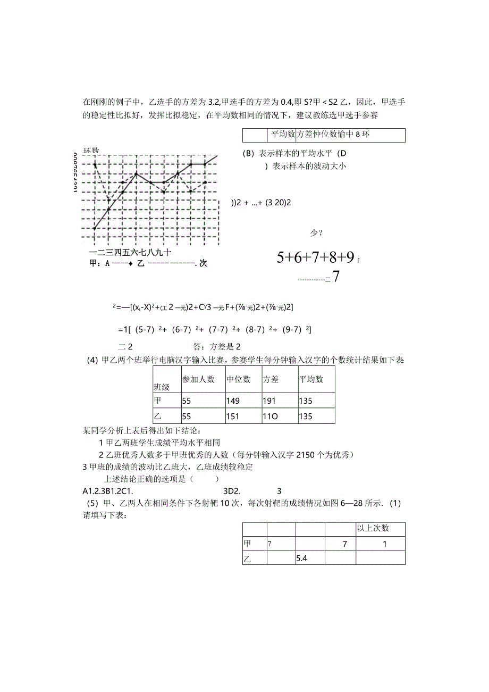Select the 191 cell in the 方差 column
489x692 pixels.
(269, 401)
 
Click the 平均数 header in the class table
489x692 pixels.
(311, 379)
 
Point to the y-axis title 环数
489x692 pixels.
(91, 151)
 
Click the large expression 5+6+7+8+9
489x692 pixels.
(316, 257)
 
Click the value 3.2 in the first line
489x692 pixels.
(214, 102)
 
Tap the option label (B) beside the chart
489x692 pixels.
(248, 153)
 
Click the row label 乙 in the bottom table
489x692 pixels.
(247, 558)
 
